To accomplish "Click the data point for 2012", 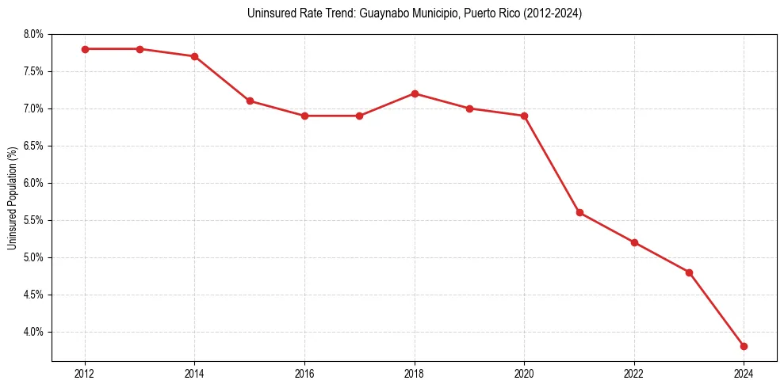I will click(85, 49).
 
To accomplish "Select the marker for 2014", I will click(194, 56).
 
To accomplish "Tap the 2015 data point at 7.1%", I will click(250, 101).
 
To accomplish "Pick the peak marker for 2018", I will click(415, 93).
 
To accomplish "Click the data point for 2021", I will click(579, 212).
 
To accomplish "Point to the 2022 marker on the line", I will click(634, 242).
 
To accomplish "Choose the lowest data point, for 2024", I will click(744, 346).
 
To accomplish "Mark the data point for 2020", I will click(524, 116).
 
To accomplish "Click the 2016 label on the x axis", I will click(304, 373).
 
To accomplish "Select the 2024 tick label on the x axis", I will click(744, 373).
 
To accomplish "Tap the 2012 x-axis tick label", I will click(85, 373).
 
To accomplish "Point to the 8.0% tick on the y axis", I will click(33, 34).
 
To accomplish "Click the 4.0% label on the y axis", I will click(33, 332).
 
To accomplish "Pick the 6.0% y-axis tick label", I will click(33, 183).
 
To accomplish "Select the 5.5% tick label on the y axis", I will click(33, 220).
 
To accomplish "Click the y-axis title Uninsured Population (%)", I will click(12, 197).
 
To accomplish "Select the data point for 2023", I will click(689, 272).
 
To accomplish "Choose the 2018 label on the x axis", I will click(415, 373).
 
